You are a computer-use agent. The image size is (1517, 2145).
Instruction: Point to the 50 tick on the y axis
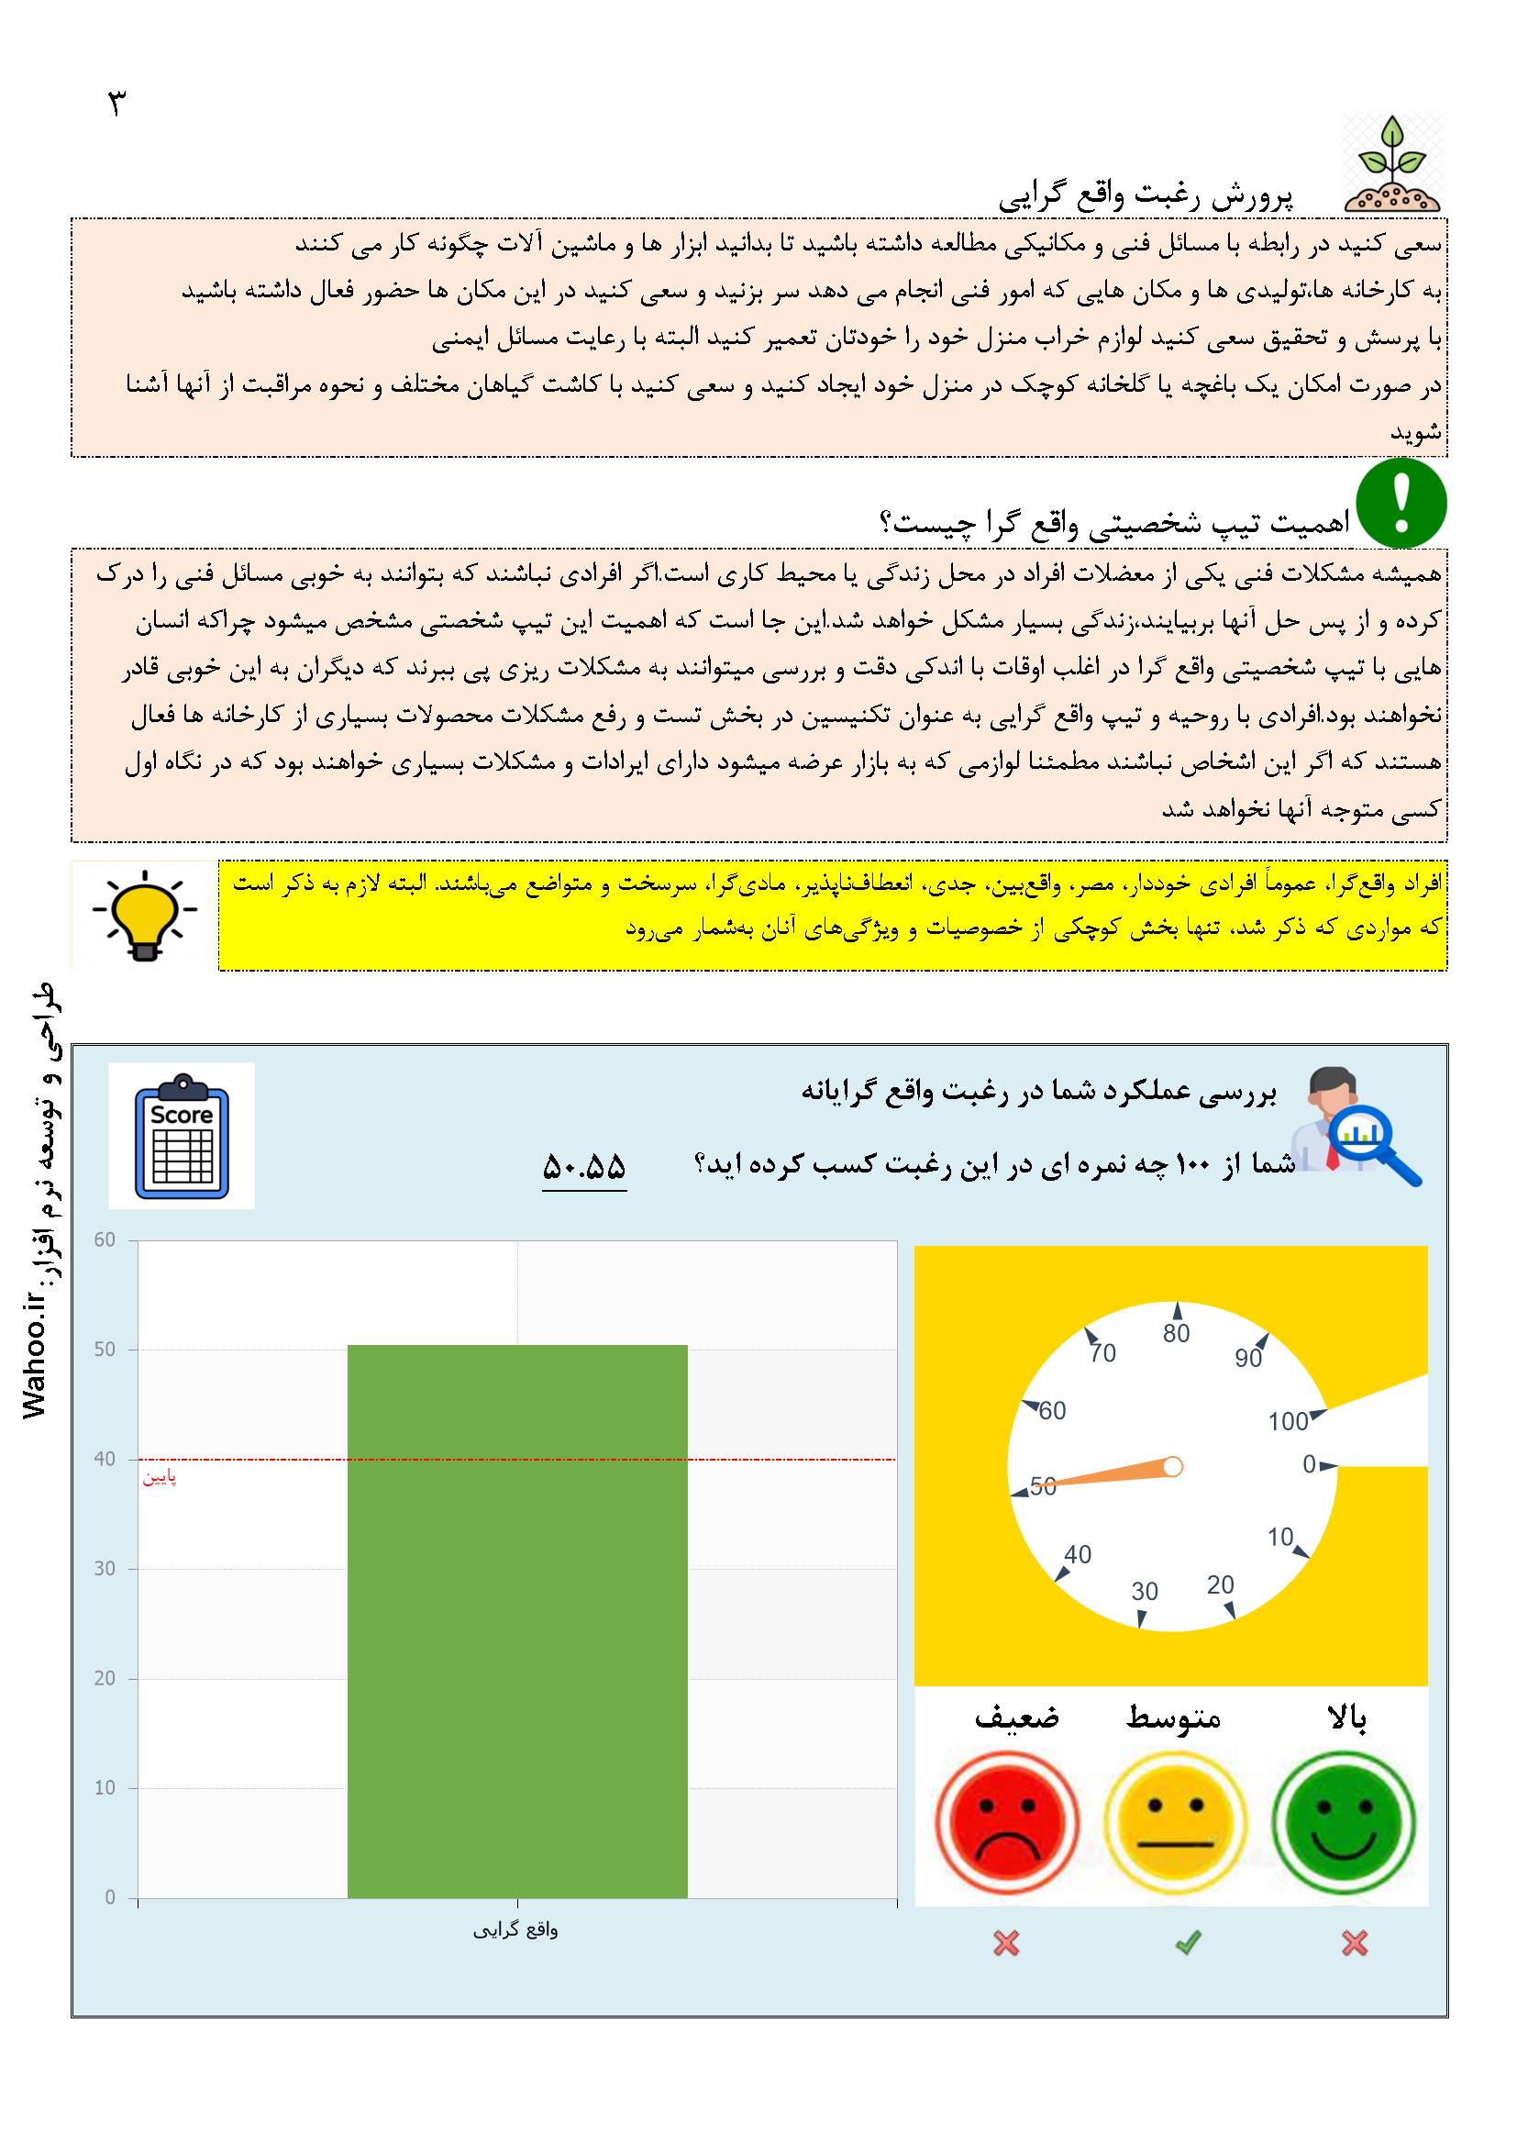pos(105,1349)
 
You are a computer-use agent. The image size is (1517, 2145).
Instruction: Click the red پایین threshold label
pos(160,1478)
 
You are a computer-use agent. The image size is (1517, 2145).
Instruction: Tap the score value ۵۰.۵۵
pos(584,1167)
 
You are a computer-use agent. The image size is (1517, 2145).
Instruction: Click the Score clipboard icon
pos(183,1135)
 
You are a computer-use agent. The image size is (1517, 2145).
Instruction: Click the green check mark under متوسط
pos(1187,1943)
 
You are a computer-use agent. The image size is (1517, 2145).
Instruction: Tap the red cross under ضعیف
pos(1006,1943)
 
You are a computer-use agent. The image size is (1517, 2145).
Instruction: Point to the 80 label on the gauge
pos(1176,1333)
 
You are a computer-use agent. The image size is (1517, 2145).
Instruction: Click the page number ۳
pos(117,103)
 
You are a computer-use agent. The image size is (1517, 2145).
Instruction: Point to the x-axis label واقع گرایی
pos(515,1929)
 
